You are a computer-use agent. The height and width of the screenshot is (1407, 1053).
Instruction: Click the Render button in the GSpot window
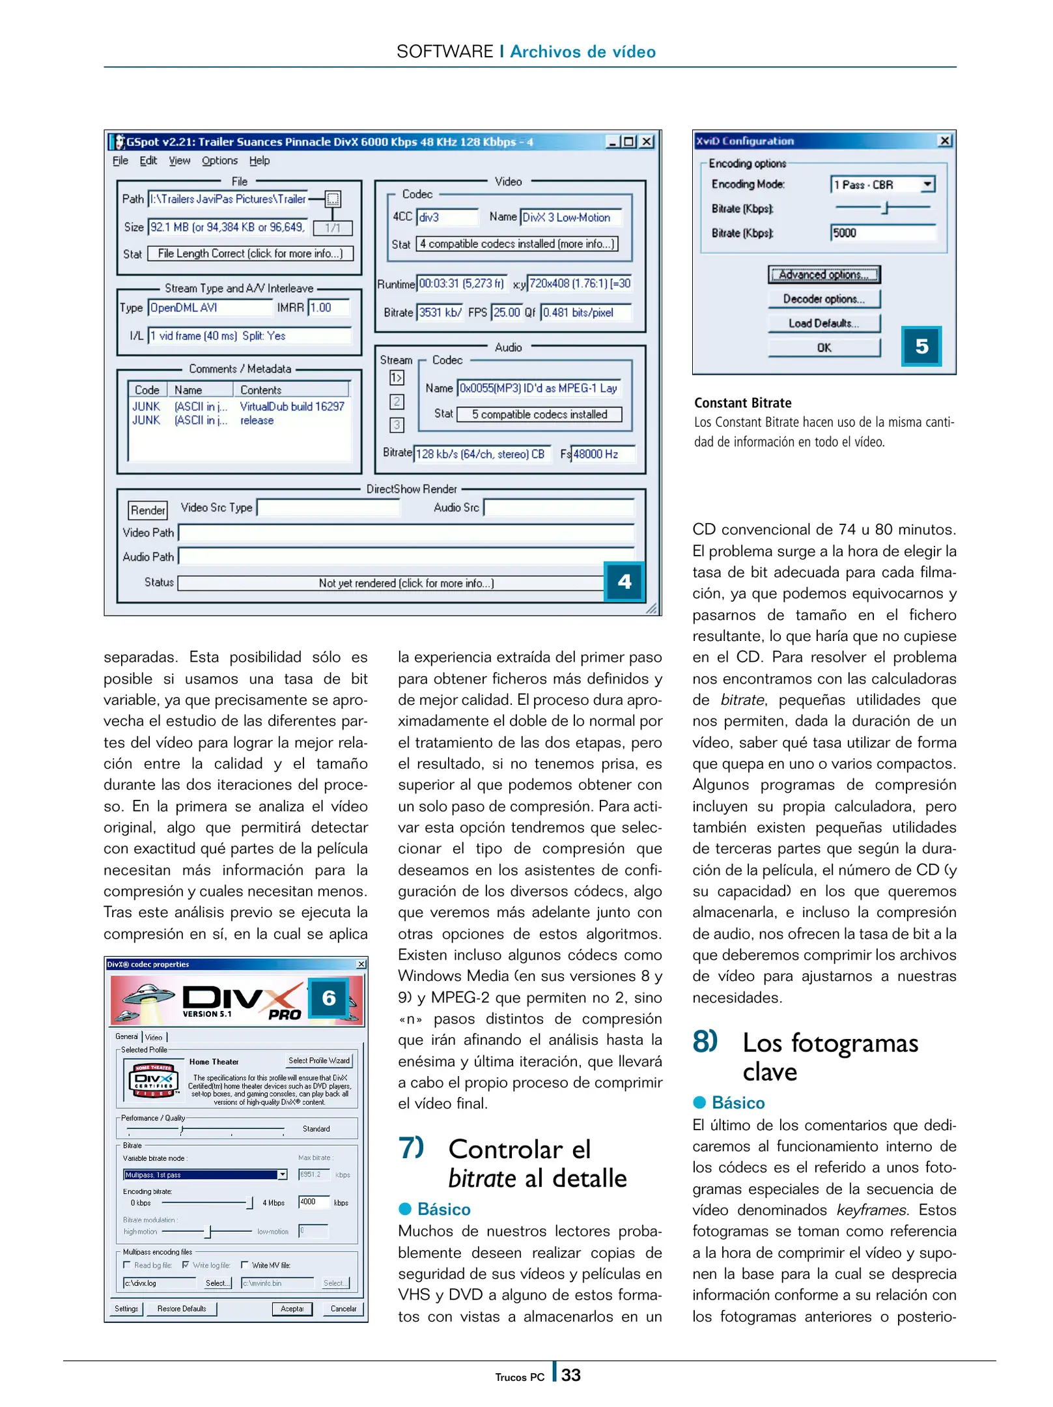click(148, 510)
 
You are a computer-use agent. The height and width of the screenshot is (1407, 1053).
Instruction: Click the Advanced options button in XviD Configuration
click(823, 275)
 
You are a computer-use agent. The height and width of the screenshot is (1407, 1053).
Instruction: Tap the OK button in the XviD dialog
click(823, 348)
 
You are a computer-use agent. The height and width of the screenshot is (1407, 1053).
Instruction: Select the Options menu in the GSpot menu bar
click(219, 161)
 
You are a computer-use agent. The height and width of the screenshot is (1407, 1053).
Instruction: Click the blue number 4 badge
click(624, 581)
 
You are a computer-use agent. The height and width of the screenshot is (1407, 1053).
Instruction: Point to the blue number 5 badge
click(921, 346)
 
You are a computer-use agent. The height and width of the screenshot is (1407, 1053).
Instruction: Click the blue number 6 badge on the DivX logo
click(329, 997)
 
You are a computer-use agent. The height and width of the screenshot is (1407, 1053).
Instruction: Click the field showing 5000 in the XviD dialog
click(882, 233)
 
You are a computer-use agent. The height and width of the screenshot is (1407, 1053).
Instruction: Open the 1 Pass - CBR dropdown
click(927, 185)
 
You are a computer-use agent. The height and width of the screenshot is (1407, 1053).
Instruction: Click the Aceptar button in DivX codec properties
click(292, 1309)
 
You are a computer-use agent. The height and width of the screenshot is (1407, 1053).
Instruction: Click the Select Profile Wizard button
click(319, 1060)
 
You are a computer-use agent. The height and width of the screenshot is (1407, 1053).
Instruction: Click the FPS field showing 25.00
click(506, 313)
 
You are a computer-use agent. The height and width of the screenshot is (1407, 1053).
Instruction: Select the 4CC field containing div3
click(447, 218)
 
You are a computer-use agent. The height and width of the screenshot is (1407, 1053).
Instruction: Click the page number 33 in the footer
click(570, 1374)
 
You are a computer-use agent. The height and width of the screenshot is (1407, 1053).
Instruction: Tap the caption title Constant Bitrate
click(742, 403)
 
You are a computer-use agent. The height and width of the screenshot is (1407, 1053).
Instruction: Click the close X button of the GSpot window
click(646, 142)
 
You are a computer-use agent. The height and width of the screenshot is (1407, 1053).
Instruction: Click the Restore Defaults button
click(182, 1309)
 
